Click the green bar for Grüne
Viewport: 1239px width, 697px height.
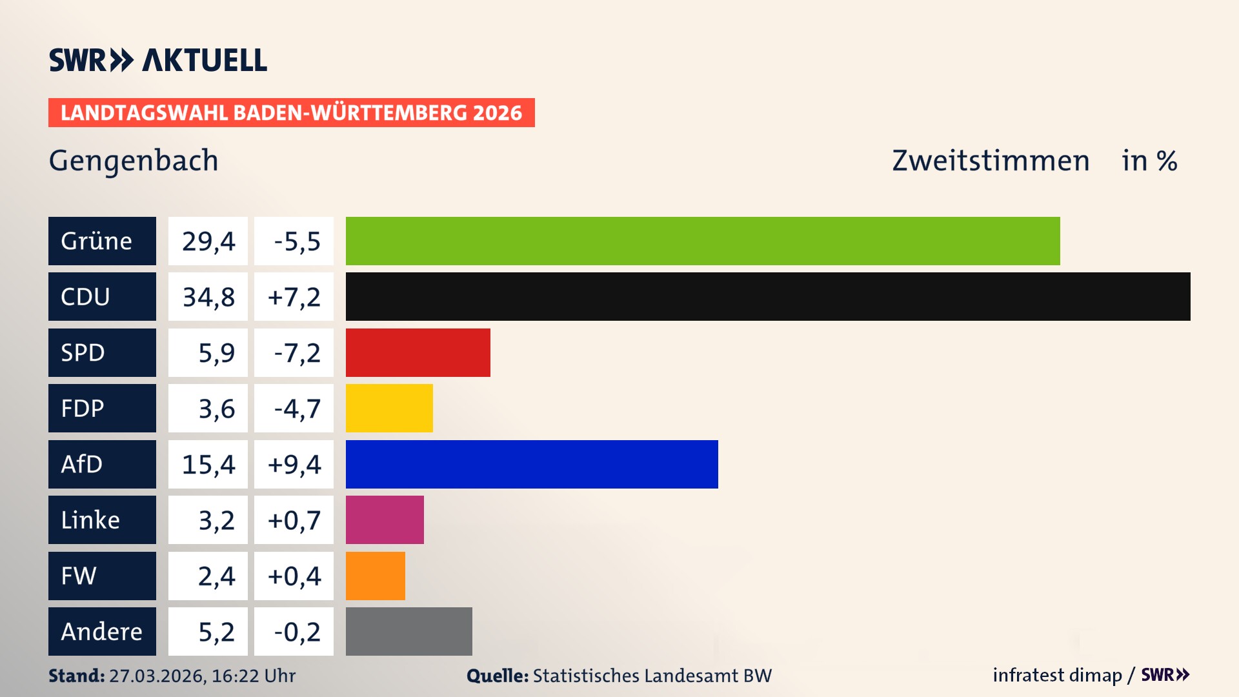702,241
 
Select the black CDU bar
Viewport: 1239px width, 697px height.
768,296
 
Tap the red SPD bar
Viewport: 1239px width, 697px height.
418,352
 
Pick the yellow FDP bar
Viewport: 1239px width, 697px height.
389,408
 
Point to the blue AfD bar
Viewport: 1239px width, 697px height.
532,464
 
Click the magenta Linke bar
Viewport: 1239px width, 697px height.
385,520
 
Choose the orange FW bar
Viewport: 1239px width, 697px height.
375,576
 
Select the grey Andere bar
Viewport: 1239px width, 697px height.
408,631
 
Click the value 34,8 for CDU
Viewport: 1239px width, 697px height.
208,297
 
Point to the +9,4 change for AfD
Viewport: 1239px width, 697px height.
294,465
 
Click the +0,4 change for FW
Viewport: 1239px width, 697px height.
294,576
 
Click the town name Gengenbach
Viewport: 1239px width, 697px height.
134,161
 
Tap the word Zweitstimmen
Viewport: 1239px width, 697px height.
991,161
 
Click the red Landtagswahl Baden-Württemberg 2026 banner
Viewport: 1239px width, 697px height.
291,112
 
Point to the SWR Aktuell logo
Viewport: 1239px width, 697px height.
157,60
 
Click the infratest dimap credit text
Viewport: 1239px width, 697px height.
1057,675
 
